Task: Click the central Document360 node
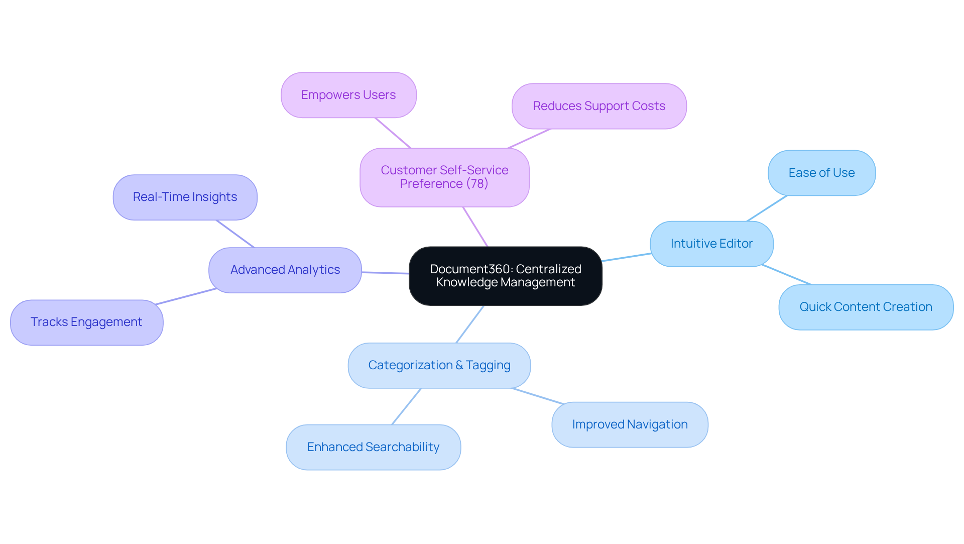(x=505, y=276)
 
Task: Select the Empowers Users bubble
(x=348, y=95)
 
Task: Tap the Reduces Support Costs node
(x=599, y=106)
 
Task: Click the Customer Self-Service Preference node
(x=444, y=177)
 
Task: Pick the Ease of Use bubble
(x=821, y=173)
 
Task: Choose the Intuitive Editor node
(x=711, y=244)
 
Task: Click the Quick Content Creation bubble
(x=866, y=307)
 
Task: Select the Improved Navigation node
(x=630, y=424)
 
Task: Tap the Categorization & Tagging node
(x=439, y=365)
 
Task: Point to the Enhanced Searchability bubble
(x=373, y=447)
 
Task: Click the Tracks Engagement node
(x=86, y=322)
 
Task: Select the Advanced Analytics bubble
(x=285, y=270)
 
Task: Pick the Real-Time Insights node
(x=185, y=197)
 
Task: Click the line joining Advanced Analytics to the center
(x=385, y=273)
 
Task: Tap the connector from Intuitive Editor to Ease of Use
(x=767, y=208)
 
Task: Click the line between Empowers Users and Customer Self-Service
(x=393, y=133)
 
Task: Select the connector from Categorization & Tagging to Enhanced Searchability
(x=406, y=406)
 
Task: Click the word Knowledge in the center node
(x=466, y=282)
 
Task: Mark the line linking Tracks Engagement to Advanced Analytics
(x=186, y=296)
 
